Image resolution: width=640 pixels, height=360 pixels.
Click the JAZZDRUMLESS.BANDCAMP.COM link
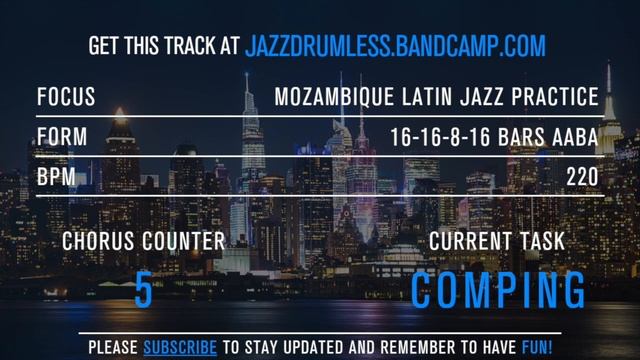396,45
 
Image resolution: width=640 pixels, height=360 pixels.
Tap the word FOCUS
66,98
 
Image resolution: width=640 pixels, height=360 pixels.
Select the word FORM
62,137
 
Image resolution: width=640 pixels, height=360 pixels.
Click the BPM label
56,176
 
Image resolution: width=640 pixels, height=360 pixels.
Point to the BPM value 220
582,176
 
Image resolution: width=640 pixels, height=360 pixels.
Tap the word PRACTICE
558,98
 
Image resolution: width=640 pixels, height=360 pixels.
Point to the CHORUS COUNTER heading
144,241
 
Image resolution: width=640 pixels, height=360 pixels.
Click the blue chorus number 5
144,290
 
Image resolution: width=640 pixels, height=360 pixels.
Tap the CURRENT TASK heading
497,241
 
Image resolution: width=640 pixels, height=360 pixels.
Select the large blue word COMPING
498,290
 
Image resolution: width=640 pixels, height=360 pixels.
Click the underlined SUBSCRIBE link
180,348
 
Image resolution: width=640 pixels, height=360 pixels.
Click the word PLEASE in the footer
113,348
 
